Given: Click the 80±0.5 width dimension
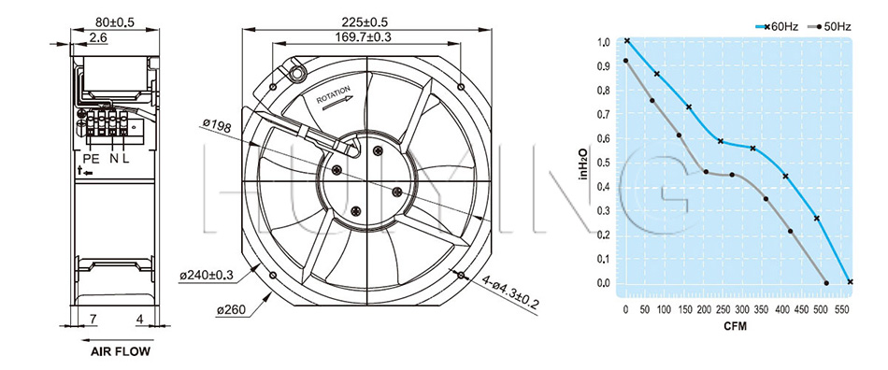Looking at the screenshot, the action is click(x=115, y=22).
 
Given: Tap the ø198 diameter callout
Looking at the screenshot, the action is click(x=217, y=125).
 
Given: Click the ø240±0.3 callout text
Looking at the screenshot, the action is click(x=207, y=276).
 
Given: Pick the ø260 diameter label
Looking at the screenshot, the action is click(x=232, y=310).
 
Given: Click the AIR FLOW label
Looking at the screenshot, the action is click(x=121, y=352).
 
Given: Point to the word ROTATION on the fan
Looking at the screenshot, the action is click(x=334, y=94).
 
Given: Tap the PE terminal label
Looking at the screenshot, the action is click(x=92, y=159).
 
